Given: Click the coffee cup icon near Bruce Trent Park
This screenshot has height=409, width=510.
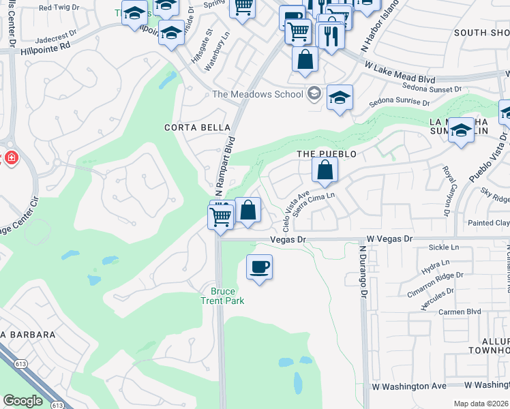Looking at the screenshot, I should [259, 267].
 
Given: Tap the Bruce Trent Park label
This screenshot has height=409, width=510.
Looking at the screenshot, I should [222, 296].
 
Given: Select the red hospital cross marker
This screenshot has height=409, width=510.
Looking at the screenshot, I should [12, 158].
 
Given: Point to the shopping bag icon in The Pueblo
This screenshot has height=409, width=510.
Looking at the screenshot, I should [325, 170].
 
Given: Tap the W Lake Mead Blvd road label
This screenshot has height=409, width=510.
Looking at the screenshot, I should [400, 73].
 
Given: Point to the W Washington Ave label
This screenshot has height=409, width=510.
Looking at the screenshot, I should [409, 386].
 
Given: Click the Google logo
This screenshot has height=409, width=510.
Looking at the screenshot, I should [22, 401].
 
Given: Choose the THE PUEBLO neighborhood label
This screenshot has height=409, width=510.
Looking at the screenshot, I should [327, 154].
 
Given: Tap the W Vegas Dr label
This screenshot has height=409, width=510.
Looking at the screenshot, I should [390, 239].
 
